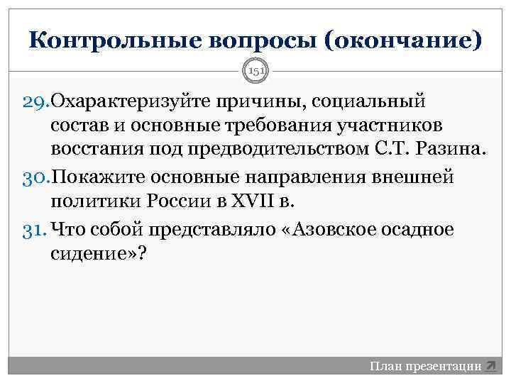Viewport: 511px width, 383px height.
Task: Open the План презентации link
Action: coord(425,367)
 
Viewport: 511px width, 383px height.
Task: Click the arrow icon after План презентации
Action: coord(491,367)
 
